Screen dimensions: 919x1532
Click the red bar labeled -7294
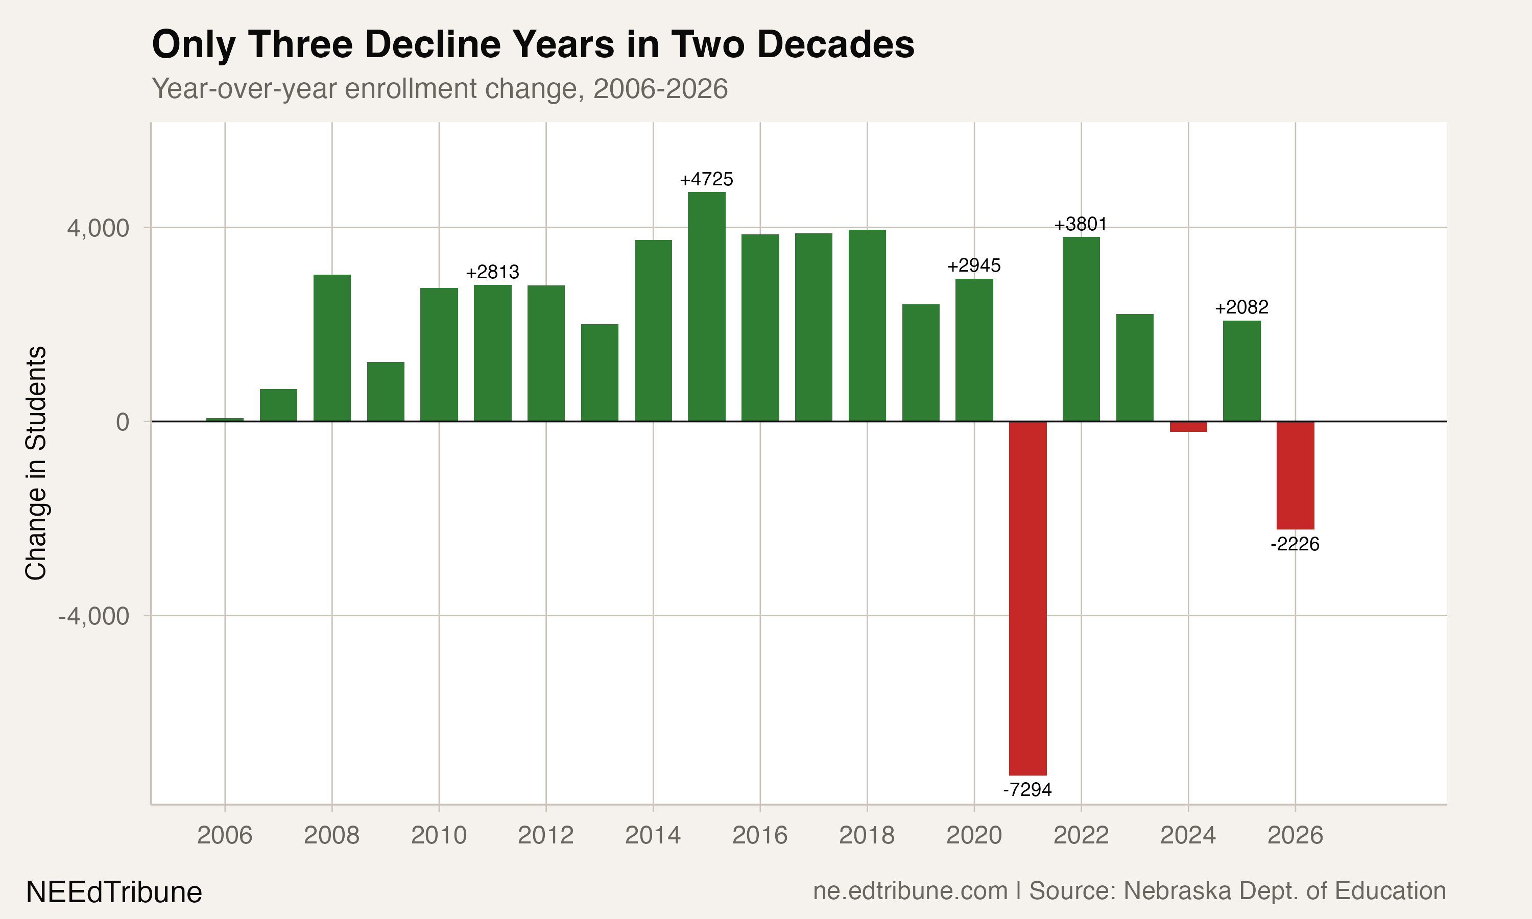1027,597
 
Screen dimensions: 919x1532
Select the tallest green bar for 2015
707,306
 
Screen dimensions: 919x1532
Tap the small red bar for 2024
1188,427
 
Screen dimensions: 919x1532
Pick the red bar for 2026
1295,475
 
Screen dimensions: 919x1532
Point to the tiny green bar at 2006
225,419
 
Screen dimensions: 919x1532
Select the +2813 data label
492,272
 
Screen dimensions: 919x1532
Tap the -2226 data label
1295,544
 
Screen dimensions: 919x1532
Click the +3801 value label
1081,224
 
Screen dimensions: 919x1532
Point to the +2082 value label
1241,307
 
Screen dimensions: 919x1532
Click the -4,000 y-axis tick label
93,616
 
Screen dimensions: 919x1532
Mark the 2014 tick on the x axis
653,835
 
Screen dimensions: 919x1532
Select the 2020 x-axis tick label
973,835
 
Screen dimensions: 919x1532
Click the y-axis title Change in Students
36,463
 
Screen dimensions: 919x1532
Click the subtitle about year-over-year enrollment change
440,88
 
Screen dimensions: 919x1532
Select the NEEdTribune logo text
114,892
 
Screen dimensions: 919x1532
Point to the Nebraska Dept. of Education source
1284,890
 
